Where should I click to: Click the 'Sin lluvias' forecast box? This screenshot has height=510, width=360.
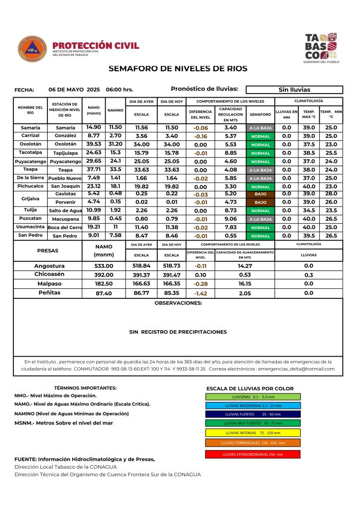(294, 90)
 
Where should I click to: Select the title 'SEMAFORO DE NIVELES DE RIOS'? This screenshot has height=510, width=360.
(178, 69)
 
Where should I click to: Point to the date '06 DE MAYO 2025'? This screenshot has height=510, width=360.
(74, 90)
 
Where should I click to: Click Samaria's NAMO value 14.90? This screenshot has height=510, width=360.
(94, 127)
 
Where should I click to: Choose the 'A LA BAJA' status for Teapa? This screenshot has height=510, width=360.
(260, 170)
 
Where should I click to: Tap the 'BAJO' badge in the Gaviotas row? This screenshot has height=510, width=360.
(260, 194)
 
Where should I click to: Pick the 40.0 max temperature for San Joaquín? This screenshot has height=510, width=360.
(309, 186)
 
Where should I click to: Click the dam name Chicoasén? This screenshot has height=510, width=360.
(49, 275)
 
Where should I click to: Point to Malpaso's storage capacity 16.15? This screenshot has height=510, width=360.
(244, 284)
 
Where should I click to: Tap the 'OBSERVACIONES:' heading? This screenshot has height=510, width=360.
(178, 303)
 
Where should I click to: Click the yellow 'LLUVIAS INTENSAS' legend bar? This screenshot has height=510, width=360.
(252, 432)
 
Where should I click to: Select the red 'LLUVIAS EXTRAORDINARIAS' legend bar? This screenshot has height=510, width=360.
(252, 454)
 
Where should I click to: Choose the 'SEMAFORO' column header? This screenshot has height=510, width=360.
(260, 114)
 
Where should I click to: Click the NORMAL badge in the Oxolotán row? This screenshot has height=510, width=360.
(260, 144)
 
